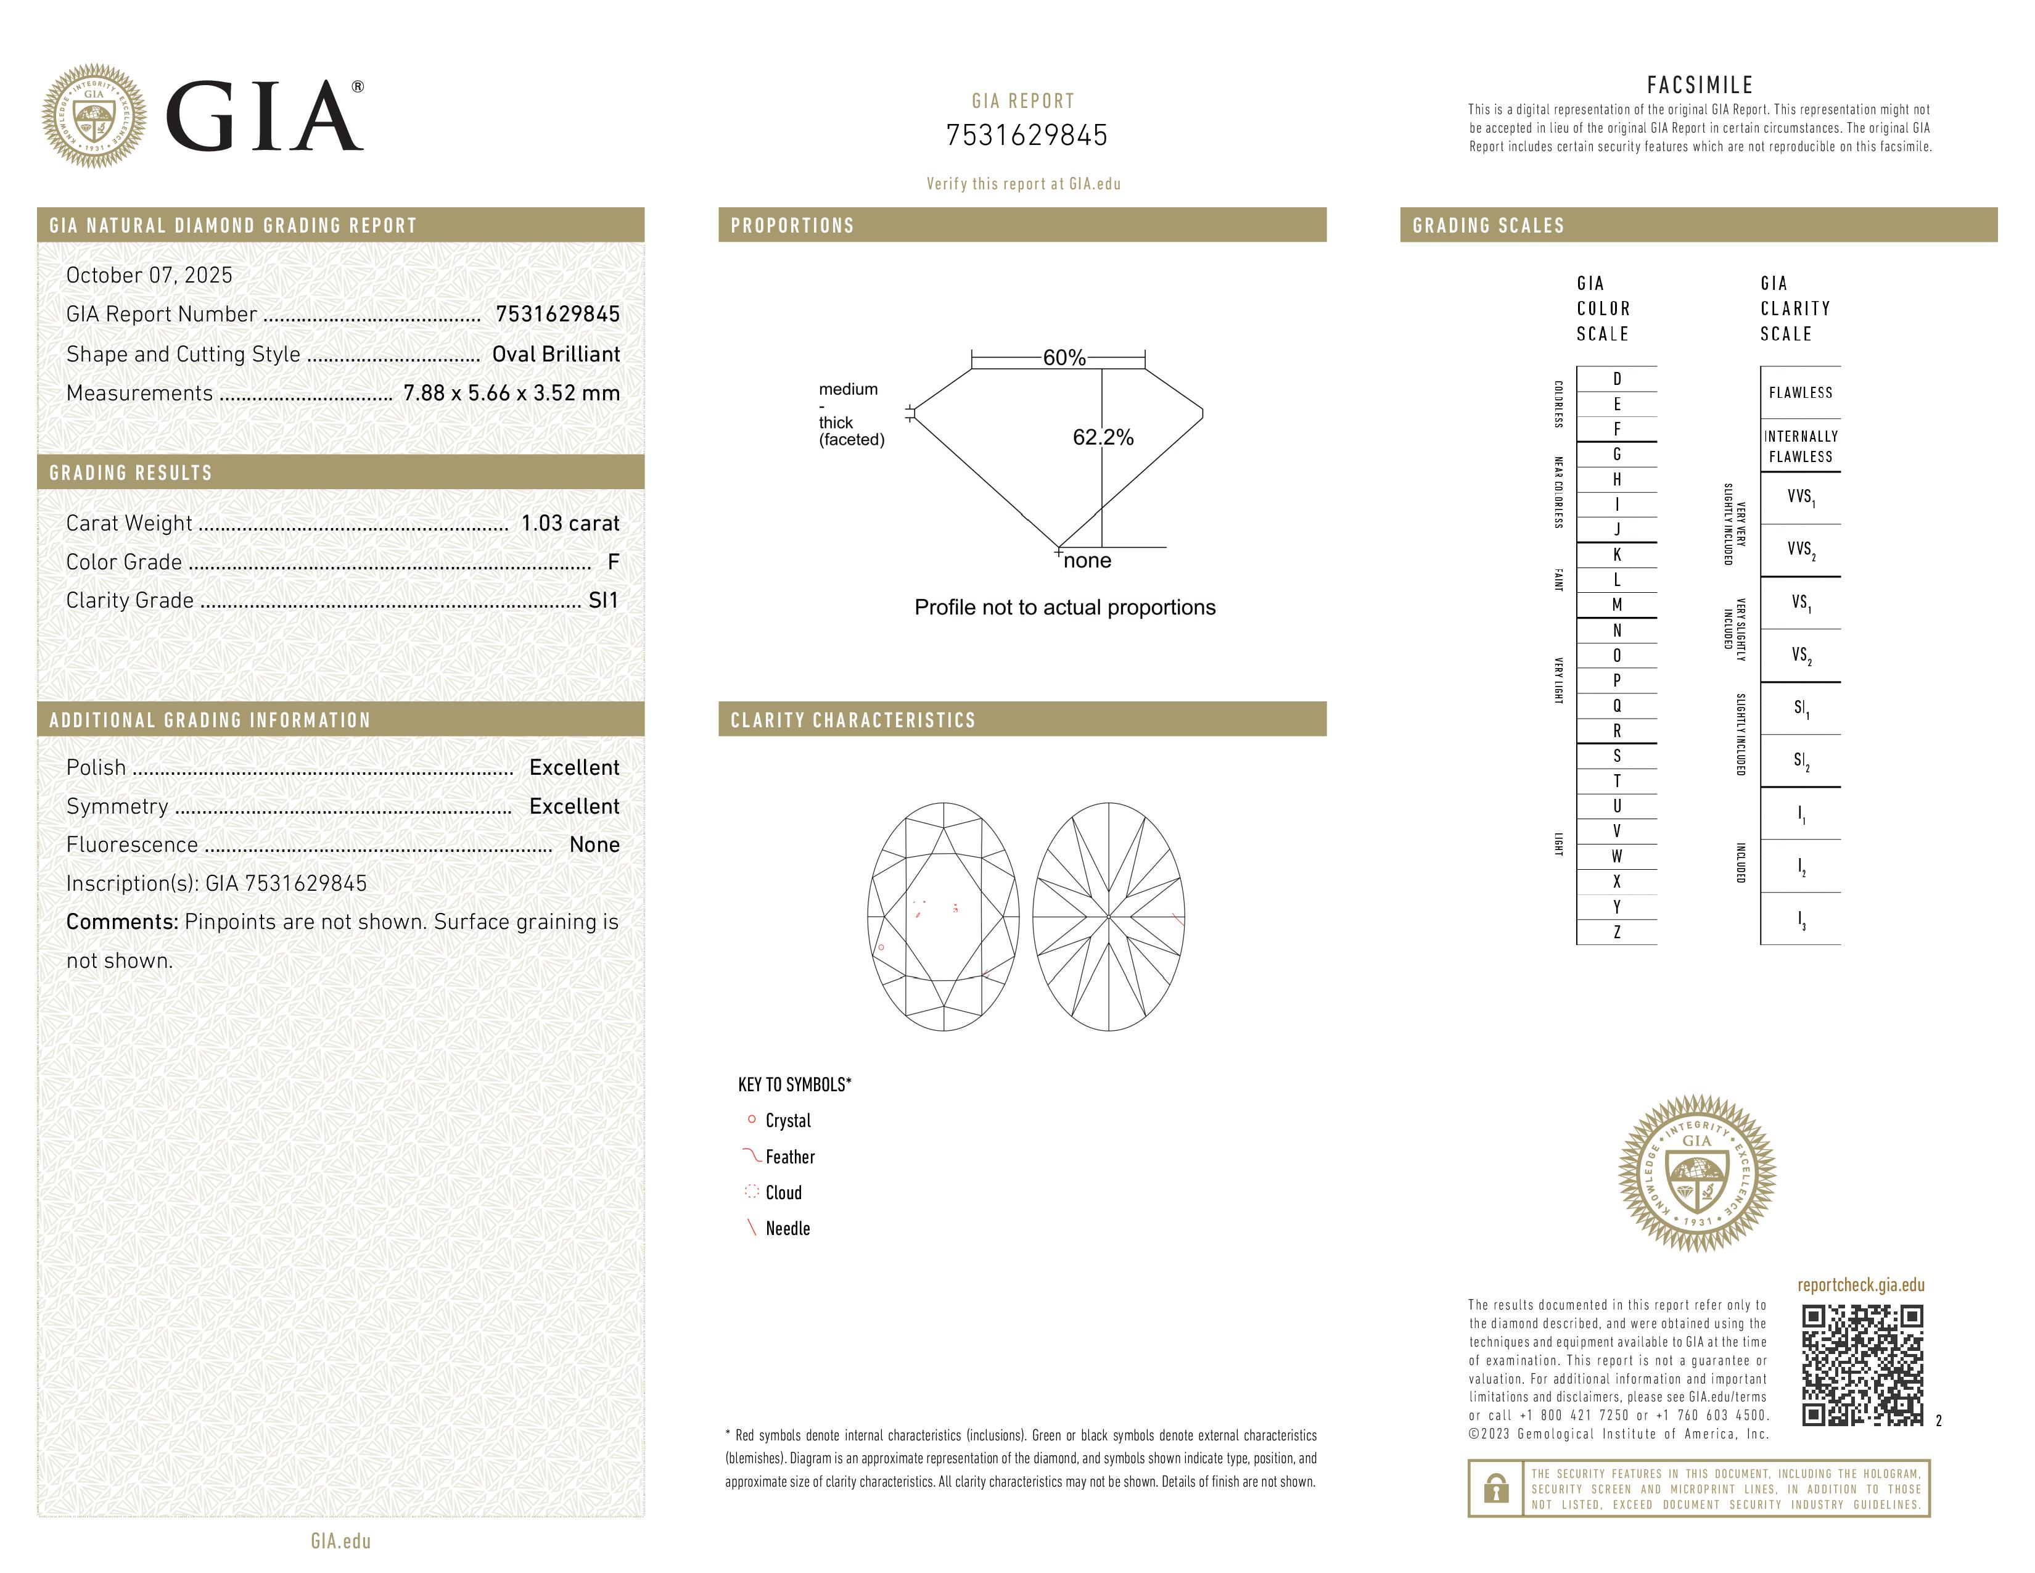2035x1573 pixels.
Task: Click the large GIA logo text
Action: [x=264, y=117]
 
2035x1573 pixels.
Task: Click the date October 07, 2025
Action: [x=149, y=275]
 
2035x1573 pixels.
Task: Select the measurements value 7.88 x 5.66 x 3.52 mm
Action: [x=511, y=394]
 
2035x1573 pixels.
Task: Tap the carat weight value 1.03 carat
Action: [x=569, y=524]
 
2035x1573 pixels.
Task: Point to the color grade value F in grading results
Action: [x=612, y=562]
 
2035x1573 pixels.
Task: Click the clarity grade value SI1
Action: [x=603, y=601]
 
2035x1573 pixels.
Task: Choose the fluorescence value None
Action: [x=593, y=845]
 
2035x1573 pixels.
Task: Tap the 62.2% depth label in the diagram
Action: [x=1103, y=437]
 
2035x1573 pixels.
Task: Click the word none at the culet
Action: [x=1087, y=561]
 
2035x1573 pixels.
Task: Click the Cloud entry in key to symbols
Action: [x=783, y=1193]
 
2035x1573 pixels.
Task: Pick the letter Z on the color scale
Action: [x=1617, y=932]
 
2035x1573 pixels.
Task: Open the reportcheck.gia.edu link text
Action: [x=1860, y=1285]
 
